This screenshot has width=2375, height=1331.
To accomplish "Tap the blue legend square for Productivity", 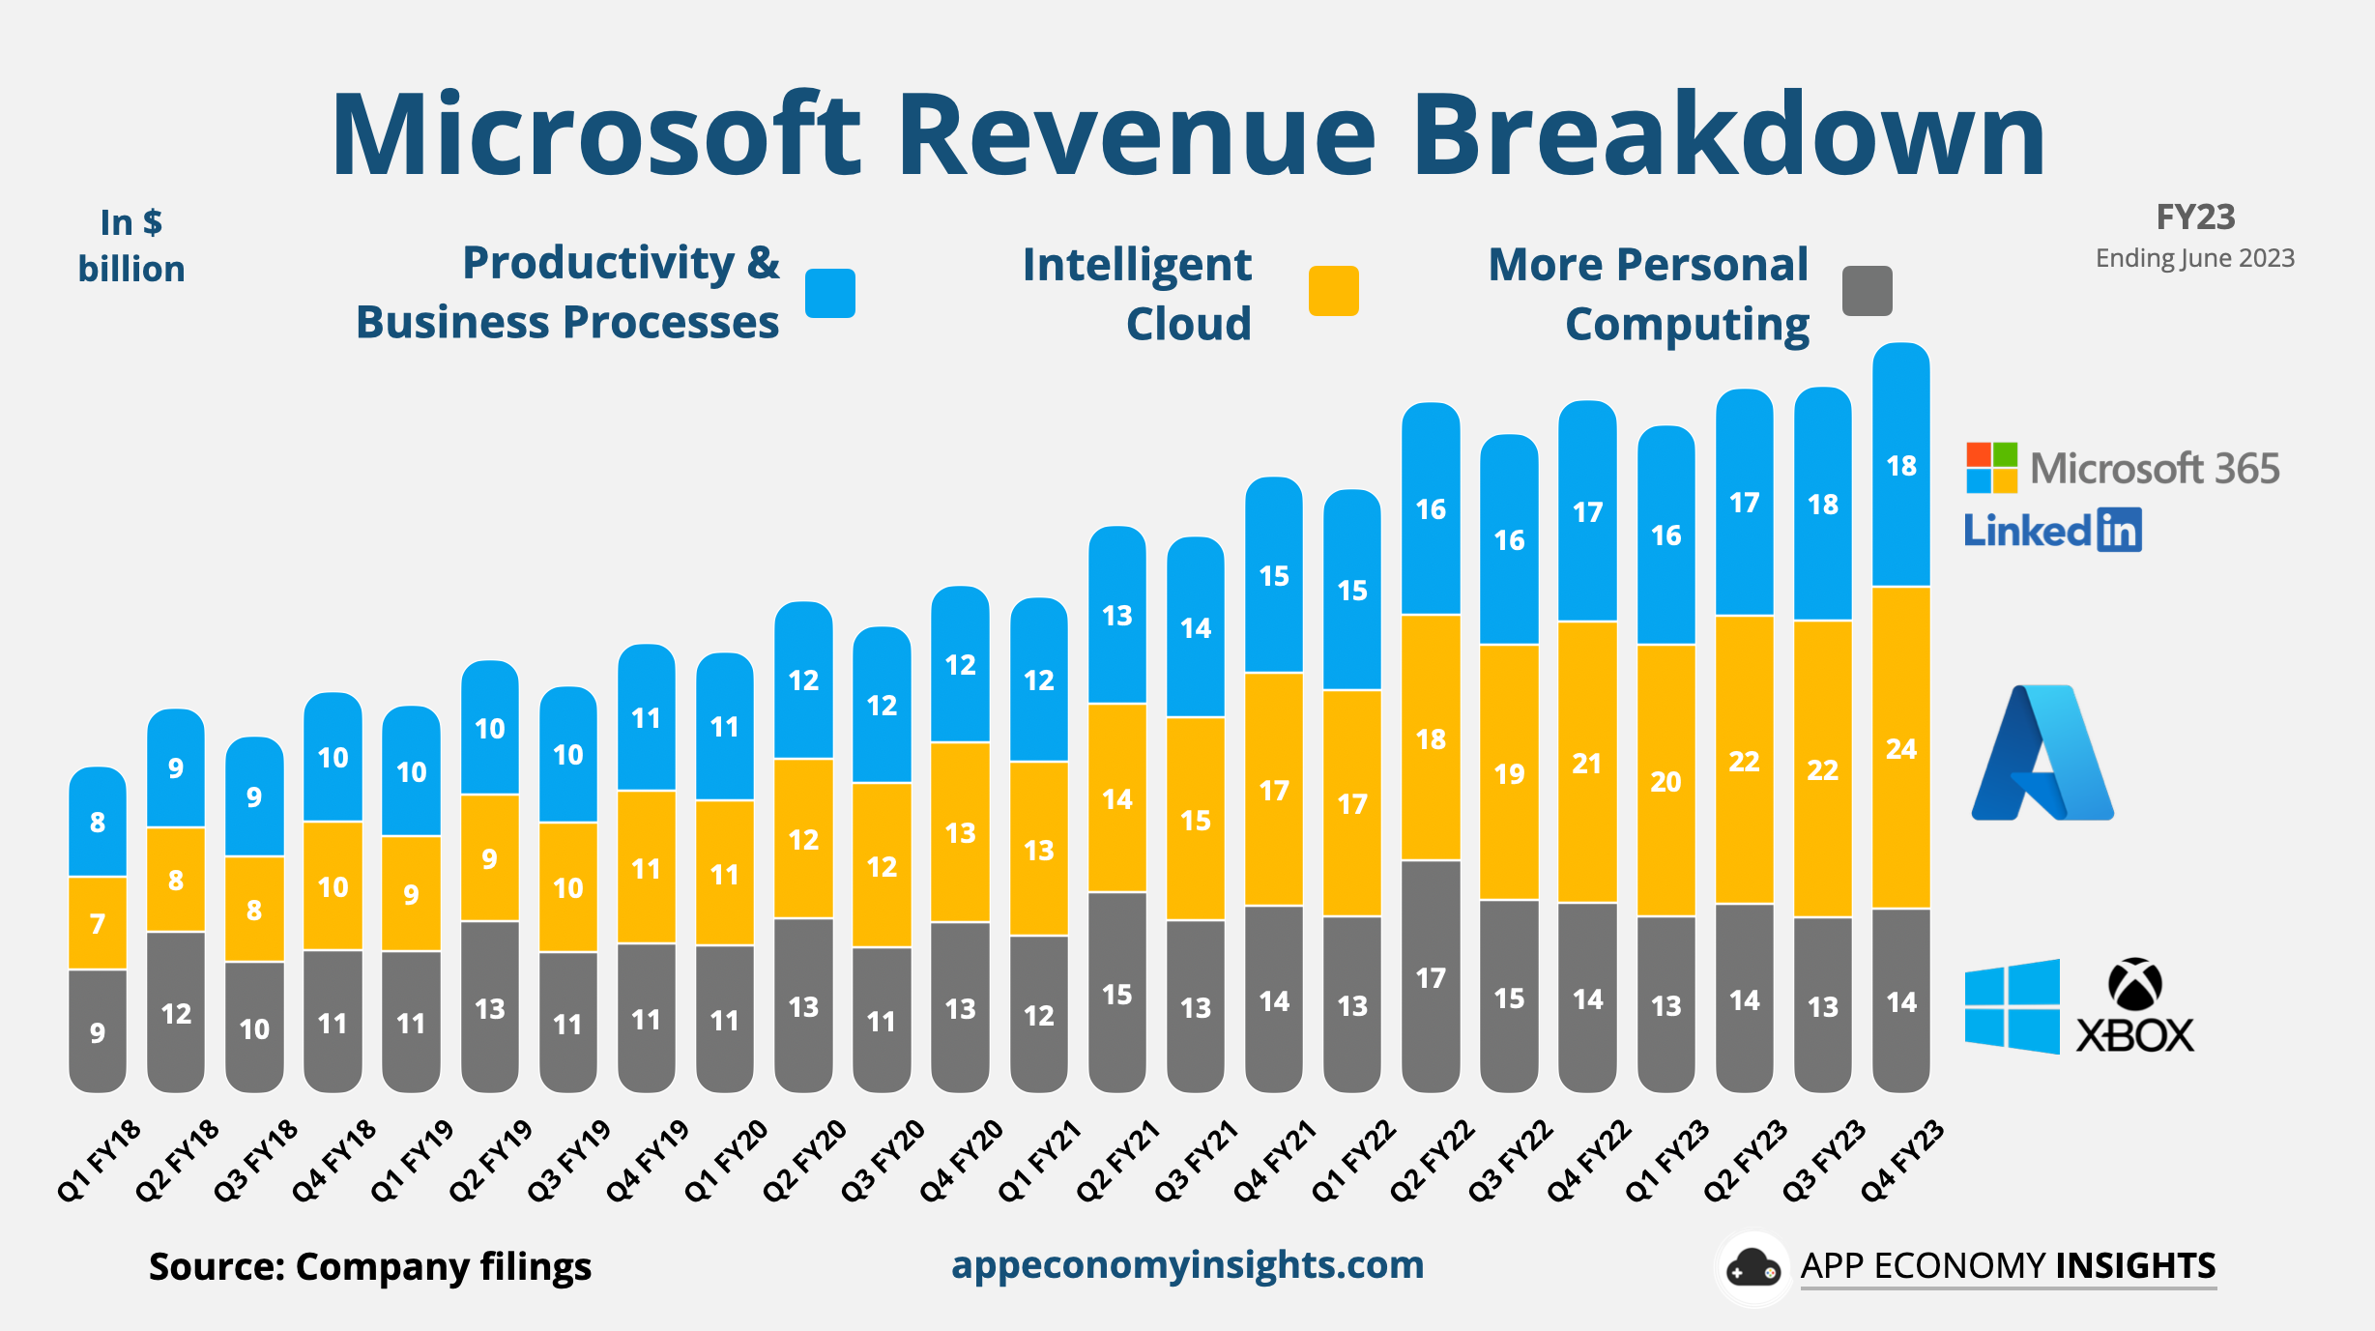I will coord(829,293).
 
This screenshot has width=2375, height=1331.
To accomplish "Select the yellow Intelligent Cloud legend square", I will coord(1333,291).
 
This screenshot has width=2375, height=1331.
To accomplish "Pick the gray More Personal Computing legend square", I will coord(1867,291).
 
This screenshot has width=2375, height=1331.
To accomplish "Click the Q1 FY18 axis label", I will coord(99,1160).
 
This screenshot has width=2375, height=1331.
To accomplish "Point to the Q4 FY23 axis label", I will coord(1901,1160).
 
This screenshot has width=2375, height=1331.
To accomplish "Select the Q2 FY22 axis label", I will coord(1432,1160).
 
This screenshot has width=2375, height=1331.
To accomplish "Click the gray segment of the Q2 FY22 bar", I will coord(1431,976).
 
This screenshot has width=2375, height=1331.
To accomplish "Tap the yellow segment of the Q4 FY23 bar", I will coord(1900,748).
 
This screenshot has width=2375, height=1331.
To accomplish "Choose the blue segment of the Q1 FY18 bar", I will coord(98,822).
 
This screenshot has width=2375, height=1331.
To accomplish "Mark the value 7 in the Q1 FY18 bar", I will coord(98,924).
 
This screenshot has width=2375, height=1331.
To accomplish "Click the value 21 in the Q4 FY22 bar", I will coord(1587,764).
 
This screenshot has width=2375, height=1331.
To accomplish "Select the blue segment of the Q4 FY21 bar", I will coord(1274,576).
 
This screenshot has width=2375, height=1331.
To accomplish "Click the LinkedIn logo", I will coord(2052,531).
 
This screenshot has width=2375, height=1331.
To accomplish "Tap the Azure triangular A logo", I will coord(2042,754).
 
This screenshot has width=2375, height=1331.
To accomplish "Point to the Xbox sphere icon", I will coord(2134,984).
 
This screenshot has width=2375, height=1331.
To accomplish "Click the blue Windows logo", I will coord(2012,1006).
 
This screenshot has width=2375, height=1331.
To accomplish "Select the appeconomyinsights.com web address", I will coord(1187,1264).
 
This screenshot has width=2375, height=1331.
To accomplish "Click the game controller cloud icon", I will coord(1753,1267).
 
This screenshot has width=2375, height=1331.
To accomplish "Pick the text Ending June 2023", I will coord(2194,258).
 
